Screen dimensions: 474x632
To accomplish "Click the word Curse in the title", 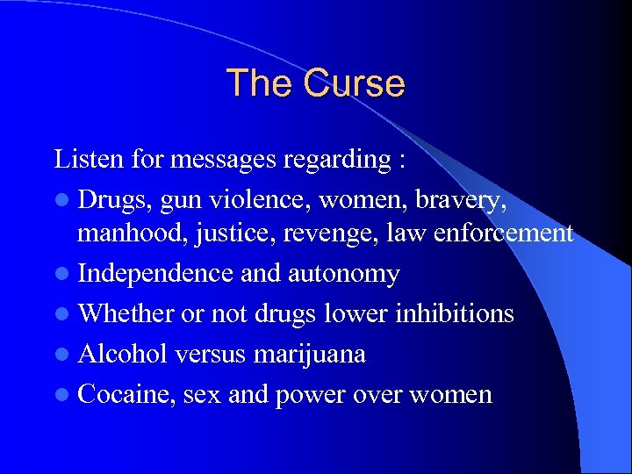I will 355,83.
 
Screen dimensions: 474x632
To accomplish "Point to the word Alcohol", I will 123,354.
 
